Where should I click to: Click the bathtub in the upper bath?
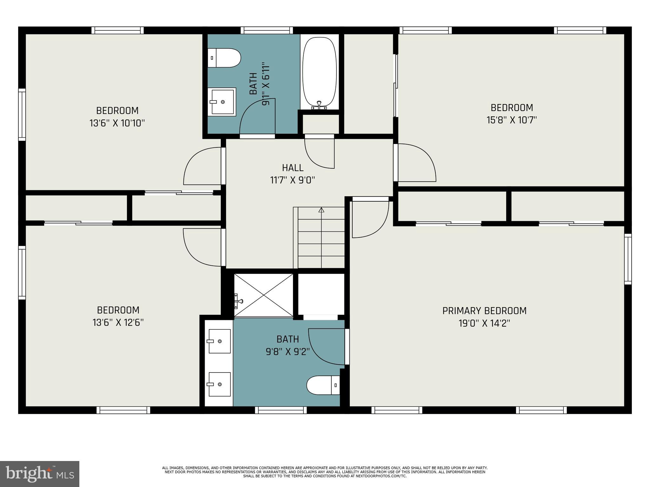(319, 73)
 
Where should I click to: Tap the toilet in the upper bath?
(224, 58)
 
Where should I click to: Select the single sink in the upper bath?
(222, 102)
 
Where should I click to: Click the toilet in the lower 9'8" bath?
(323, 385)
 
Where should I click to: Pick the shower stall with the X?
(263, 295)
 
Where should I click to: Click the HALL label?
(293, 167)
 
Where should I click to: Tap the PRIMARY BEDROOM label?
(484, 311)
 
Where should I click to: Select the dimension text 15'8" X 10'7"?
(512, 120)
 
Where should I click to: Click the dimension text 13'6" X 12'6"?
(118, 322)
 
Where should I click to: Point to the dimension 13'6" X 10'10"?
(117, 123)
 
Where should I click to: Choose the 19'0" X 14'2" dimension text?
(484, 323)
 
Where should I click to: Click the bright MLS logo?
(40, 474)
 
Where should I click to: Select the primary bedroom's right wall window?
(628, 259)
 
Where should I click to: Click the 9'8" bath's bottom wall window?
(281, 410)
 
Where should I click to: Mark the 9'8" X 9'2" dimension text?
(288, 352)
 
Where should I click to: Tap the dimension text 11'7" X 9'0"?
(292, 180)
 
